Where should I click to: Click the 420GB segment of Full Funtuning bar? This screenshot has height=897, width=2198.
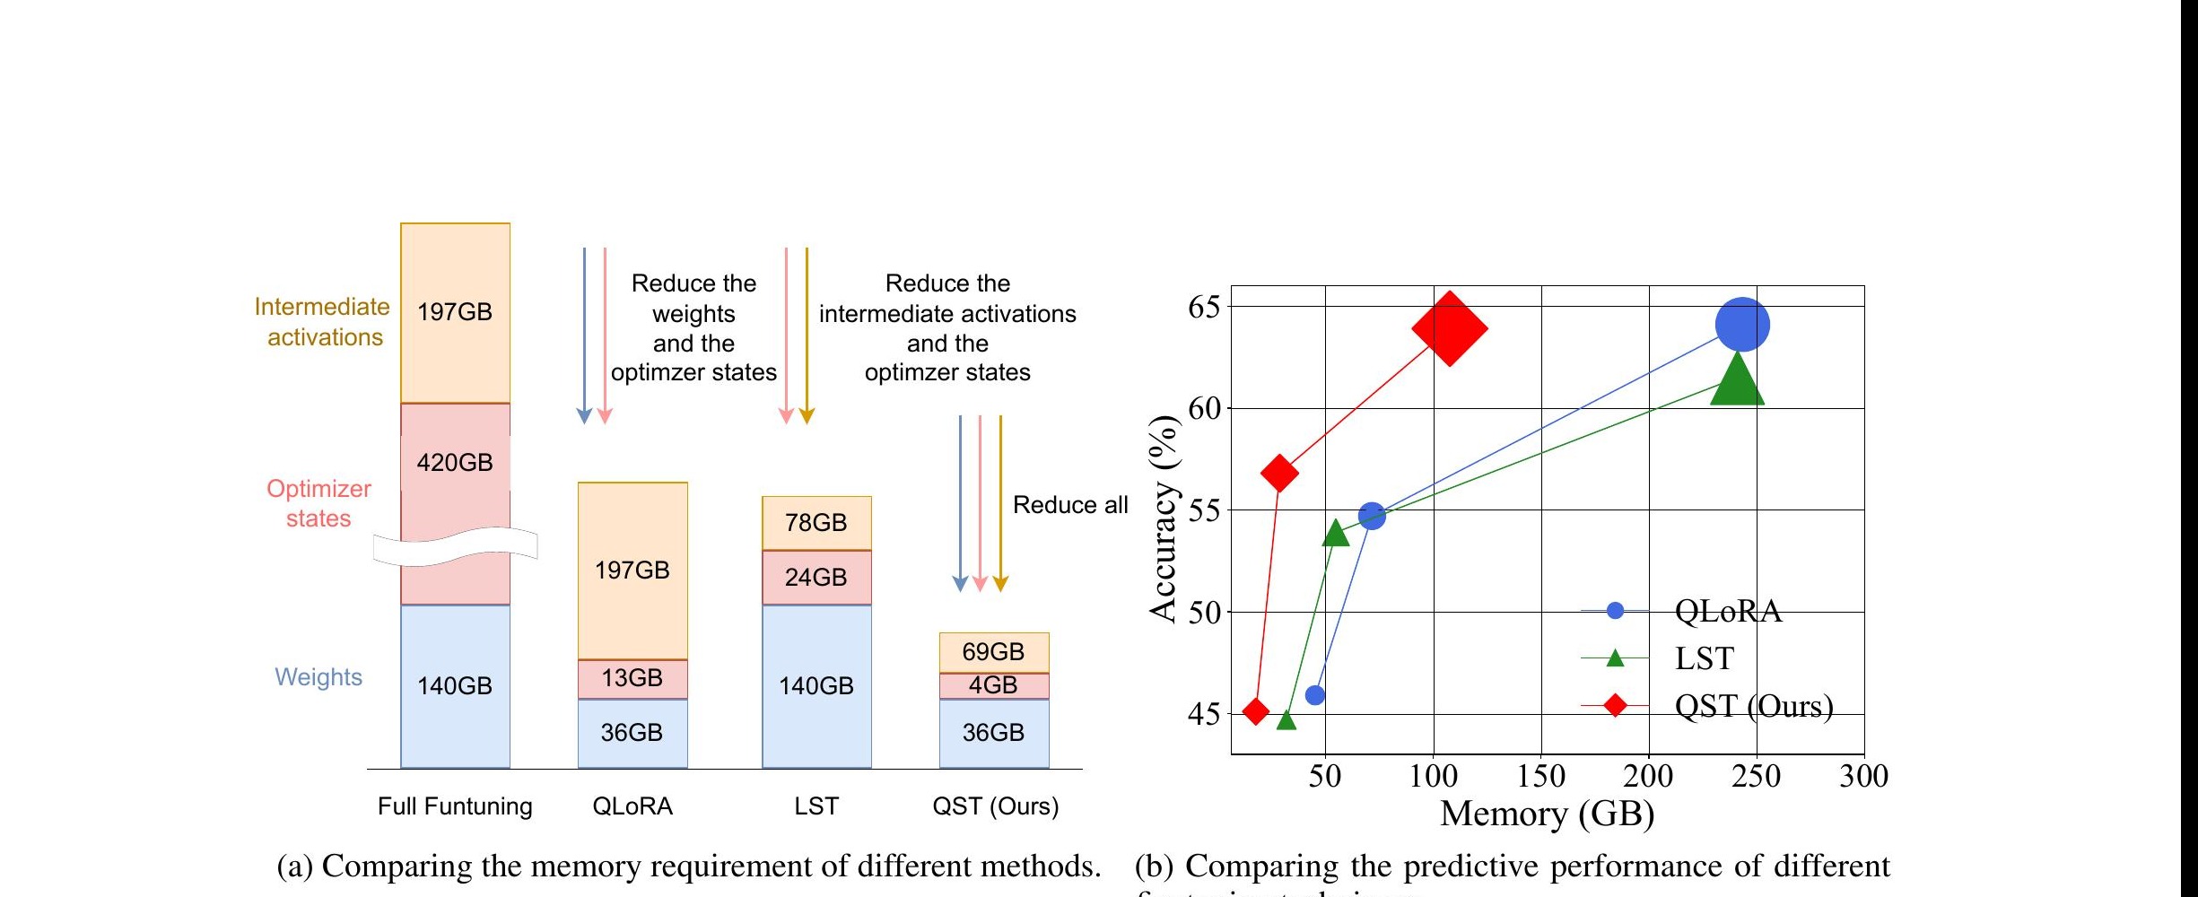click(455, 464)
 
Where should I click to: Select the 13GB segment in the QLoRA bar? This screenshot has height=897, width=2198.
click(632, 678)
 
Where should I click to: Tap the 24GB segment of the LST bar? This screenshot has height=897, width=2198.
click(816, 577)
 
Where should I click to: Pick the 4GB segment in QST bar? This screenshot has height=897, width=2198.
click(994, 685)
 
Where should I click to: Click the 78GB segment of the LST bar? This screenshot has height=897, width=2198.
click(816, 523)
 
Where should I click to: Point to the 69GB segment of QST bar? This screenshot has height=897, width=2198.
click(994, 652)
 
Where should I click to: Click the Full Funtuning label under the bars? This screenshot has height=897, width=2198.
click(455, 806)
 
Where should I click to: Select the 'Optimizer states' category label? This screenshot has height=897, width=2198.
click(318, 503)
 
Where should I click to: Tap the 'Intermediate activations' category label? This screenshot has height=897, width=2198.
click(323, 322)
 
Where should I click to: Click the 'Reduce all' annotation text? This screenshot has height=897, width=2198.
click(1069, 505)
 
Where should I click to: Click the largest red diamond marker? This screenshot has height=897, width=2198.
click(1449, 328)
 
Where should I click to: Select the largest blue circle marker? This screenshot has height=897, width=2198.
click(1741, 325)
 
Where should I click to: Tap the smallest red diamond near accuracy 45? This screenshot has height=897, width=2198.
click(1256, 711)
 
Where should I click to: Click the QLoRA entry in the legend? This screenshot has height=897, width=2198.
click(1727, 611)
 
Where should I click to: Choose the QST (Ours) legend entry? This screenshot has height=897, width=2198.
click(1752, 706)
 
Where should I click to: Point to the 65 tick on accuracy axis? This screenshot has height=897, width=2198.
click(1204, 308)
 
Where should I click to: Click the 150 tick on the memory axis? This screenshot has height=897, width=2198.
click(1541, 776)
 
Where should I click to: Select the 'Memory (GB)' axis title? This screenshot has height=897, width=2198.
click(1547, 814)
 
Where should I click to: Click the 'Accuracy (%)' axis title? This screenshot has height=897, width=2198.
click(1164, 518)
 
